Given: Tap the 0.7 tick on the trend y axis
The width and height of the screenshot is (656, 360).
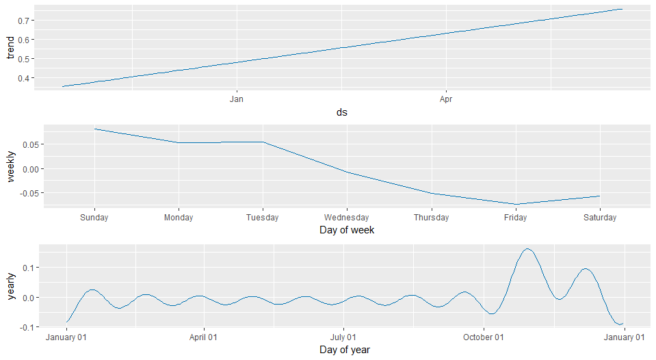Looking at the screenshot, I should (25, 21).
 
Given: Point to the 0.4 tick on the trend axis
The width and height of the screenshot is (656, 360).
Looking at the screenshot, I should (25, 78).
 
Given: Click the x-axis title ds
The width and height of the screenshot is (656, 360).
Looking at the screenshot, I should (341, 112).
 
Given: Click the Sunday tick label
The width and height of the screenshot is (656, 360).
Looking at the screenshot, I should (94, 218).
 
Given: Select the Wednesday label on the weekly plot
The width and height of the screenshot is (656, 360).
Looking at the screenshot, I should (347, 218).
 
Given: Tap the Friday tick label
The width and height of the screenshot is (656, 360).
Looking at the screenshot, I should (515, 218).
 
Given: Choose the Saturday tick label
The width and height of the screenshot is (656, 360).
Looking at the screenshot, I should (599, 218).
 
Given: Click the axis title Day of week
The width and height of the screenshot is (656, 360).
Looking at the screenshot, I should (347, 231).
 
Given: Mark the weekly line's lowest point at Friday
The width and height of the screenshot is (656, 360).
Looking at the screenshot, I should (515, 204).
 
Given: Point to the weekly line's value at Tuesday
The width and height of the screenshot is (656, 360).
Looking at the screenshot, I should (263, 142).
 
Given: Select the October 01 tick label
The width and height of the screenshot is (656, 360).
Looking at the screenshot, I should (483, 337).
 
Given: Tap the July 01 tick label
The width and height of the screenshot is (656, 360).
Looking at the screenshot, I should (343, 337).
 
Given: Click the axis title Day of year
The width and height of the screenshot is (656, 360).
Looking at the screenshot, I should (345, 350).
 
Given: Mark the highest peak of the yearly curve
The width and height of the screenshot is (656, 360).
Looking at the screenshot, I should (527, 249).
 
